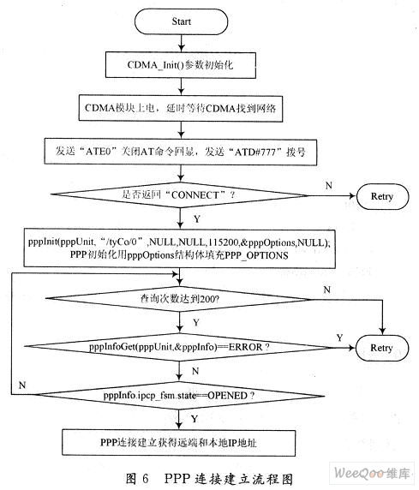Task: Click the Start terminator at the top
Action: [181, 21]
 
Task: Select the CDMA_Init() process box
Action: [181, 65]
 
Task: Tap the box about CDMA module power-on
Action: [181, 108]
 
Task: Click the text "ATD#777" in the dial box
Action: [254, 152]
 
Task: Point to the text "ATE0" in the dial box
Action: [98, 152]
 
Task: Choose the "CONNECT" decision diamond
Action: [179, 195]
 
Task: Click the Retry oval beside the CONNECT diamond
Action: [382, 196]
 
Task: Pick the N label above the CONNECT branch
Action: [329, 186]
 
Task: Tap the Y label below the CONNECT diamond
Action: [197, 218]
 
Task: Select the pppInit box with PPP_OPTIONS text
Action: [179, 248]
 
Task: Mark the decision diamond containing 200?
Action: [179, 299]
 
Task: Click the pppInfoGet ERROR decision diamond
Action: [179, 347]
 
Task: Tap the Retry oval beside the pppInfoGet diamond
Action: [382, 348]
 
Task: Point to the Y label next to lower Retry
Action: [339, 338]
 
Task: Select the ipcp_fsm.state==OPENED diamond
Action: [179, 396]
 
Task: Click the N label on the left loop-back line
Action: [22, 385]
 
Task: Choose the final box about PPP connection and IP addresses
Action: [178, 443]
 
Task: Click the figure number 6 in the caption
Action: [145, 479]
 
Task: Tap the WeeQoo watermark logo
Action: [372, 473]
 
